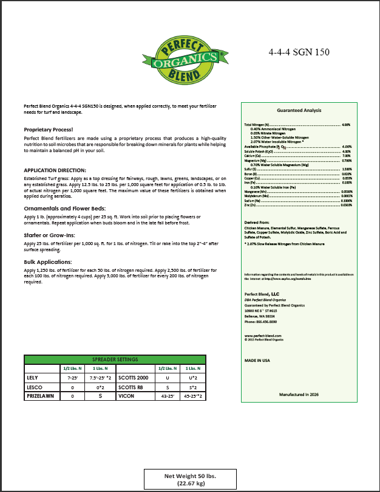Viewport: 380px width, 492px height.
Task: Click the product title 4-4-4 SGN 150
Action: [299, 52]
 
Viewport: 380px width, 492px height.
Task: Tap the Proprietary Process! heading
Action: [48, 130]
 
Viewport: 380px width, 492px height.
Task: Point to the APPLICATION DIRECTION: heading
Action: [55, 170]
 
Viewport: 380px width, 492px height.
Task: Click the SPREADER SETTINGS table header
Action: [118, 359]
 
